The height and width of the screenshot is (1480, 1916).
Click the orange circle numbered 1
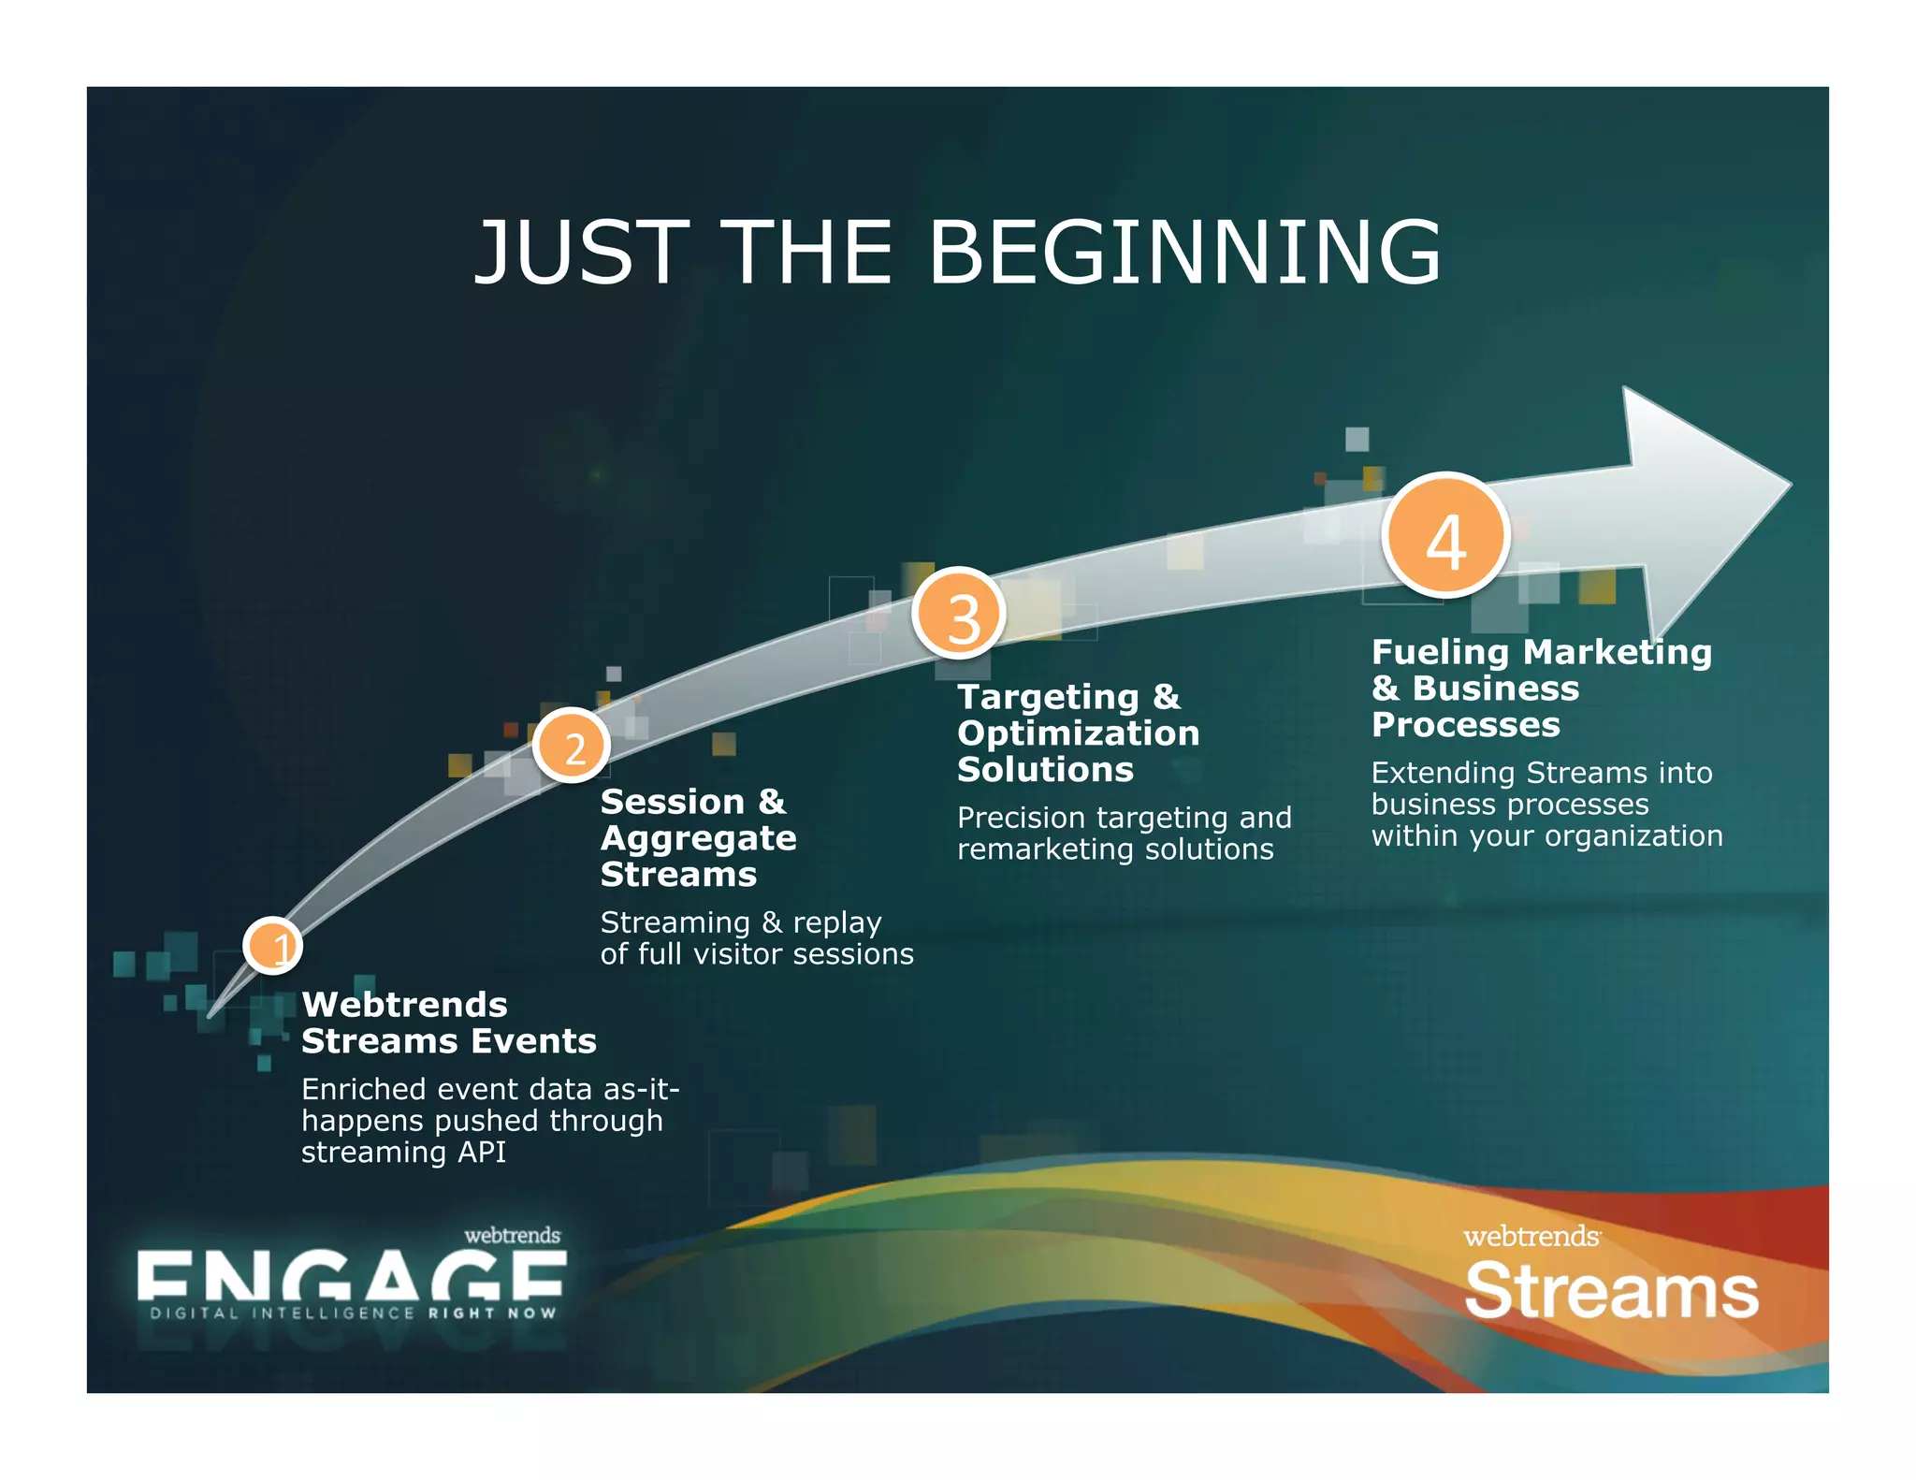pos(272,946)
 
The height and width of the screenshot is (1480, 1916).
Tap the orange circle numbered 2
pos(572,747)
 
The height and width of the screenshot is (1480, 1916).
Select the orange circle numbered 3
pos(959,615)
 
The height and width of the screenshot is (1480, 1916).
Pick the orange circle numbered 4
pos(1446,536)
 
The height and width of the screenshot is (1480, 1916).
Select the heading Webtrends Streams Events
pos(448,1023)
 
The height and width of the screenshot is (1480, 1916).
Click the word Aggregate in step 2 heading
pos(698,838)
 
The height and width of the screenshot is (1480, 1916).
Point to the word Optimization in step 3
pos(1078,733)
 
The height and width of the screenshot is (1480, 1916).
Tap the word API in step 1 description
pos(481,1153)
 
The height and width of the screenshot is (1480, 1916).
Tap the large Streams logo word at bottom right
pos(1611,1291)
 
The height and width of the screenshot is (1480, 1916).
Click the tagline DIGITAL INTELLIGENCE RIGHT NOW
pos(353,1313)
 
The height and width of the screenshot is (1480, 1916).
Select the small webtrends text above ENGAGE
pos(512,1235)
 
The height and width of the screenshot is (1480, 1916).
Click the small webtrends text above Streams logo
pos(1531,1237)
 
